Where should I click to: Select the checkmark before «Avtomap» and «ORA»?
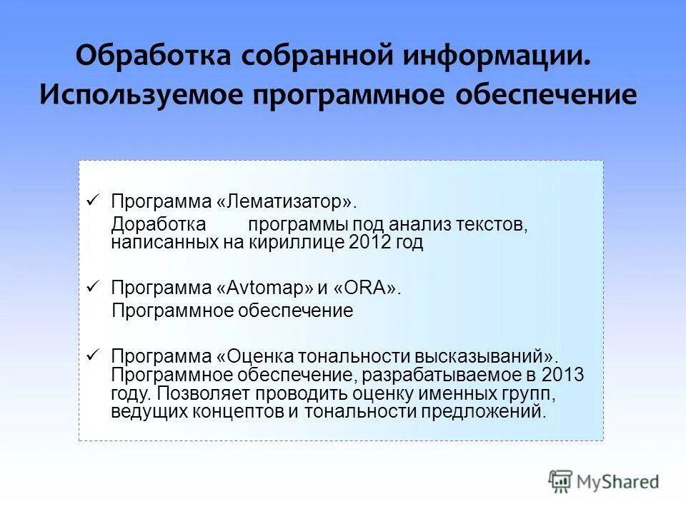pos(91,286)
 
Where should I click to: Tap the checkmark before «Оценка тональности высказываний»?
pos(91,355)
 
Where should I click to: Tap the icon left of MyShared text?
pos(560,483)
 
